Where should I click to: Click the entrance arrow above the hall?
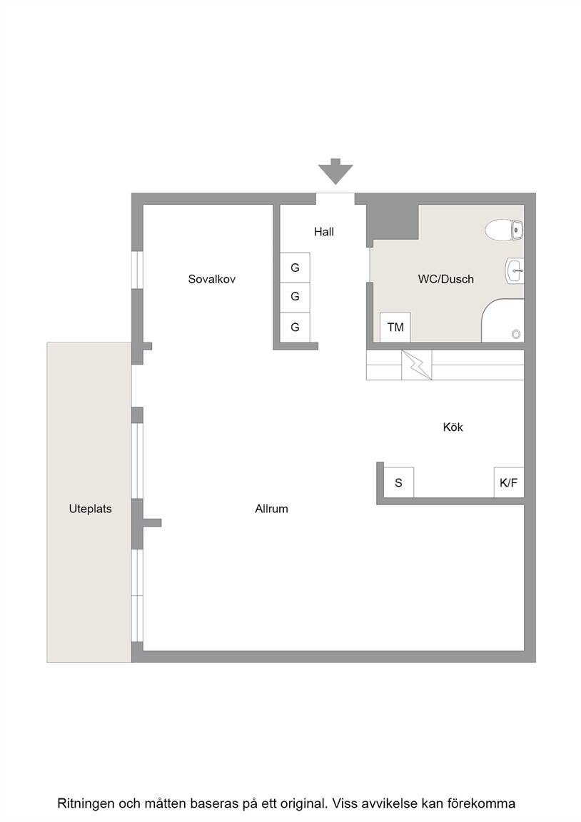pos(335,171)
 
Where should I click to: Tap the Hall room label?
pos(324,232)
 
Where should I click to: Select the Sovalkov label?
pos(212,279)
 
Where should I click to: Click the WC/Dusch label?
pos(445,279)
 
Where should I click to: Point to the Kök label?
pos(453,427)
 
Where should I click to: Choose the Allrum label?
pos(272,509)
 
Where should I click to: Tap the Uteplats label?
pos(90,509)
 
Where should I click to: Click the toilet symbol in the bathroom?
pos(504,230)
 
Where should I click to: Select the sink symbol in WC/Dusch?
pos(515,270)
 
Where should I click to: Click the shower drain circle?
pos(516,334)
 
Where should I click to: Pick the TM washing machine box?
pos(395,327)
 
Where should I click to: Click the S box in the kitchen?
pos(398,482)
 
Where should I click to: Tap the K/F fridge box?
pos(509,482)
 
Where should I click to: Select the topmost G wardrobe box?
pos(295,268)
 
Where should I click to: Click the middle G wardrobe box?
pos(295,298)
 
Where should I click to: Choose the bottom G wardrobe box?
pos(295,328)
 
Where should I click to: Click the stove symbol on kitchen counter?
pos(417,365)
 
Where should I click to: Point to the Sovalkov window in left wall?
pos(137,270)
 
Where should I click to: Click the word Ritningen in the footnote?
pos(86,803)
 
